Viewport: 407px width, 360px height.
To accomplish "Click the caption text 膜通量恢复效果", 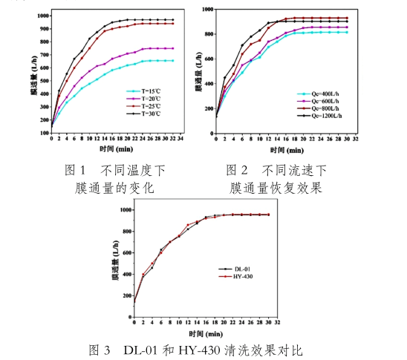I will (x=276, y=188).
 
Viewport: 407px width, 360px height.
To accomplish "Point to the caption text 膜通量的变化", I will (x=114, y=188).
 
